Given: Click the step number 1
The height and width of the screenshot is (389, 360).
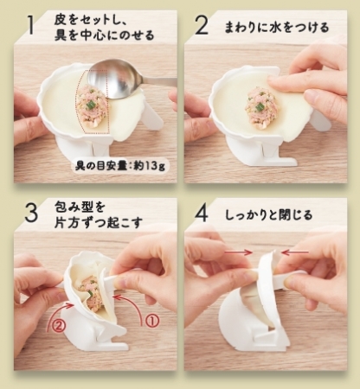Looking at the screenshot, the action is pyautogui.click(x=29, y=25).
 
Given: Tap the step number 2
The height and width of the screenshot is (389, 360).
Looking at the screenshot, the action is pyautogui.click(x=201, y=25).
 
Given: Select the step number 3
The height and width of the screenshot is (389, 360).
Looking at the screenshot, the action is pyautogui.click(x=31, y=213).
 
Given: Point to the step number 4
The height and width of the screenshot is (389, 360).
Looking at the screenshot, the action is pyautogui.click(x=201, y=213).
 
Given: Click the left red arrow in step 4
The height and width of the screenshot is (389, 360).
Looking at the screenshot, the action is pyautogui.click(x=238, y=252).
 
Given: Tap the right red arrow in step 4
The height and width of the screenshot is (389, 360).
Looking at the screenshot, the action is pyautogui.click(x=295, y=252).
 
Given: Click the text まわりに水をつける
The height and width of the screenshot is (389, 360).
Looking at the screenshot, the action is pyautogui.click(x=277, y=28).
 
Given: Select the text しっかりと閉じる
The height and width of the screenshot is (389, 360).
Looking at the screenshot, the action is pyautogui.click(x=268, y=214).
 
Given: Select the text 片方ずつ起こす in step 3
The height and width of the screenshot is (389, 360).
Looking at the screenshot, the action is pyautogui.click(x=99, y=222).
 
